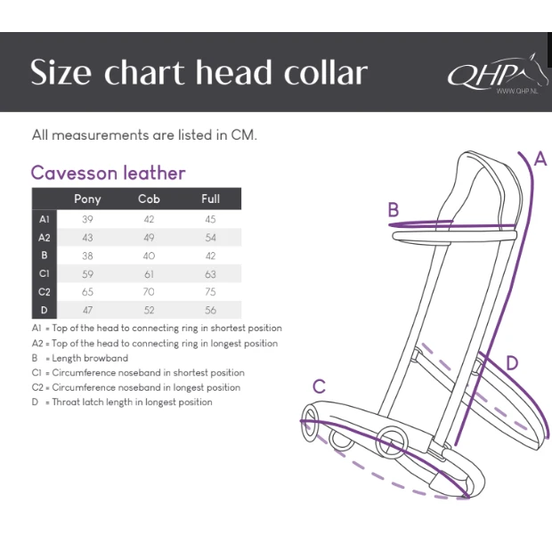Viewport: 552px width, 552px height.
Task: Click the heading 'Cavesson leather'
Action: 108,173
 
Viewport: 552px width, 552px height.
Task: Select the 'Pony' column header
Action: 87,199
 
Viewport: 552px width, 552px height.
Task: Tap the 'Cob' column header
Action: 149,199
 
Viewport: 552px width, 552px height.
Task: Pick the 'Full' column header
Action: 210,199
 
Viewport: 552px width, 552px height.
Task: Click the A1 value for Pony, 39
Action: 87,219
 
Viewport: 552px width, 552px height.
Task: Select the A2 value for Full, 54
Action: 210,238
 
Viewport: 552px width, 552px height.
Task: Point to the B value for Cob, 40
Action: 149,256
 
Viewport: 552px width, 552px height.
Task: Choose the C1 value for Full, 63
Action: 210,274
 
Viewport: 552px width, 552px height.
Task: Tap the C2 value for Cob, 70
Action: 149,292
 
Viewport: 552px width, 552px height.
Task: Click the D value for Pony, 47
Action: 87,311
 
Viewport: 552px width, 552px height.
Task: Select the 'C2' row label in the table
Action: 44,292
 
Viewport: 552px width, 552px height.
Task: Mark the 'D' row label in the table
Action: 44,311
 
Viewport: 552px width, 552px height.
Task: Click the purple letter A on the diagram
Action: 540,159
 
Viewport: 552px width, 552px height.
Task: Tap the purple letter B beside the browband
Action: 393,210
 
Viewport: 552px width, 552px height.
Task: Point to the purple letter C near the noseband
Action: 319,386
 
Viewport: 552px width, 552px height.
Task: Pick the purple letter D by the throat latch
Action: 512,362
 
